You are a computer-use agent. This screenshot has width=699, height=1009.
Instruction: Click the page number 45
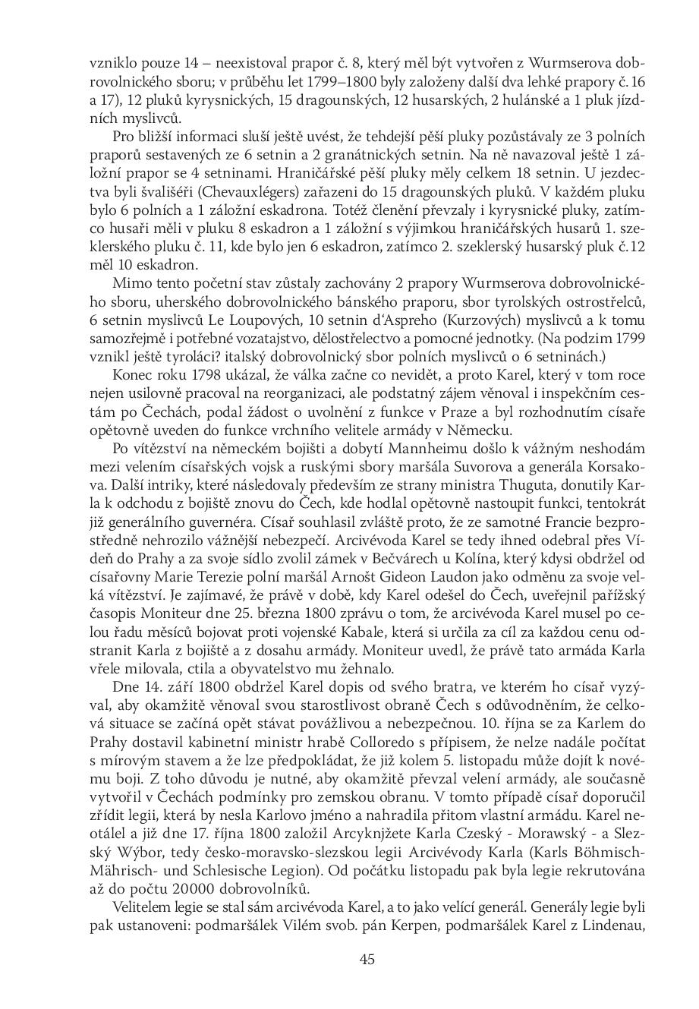[x=367, y=959]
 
